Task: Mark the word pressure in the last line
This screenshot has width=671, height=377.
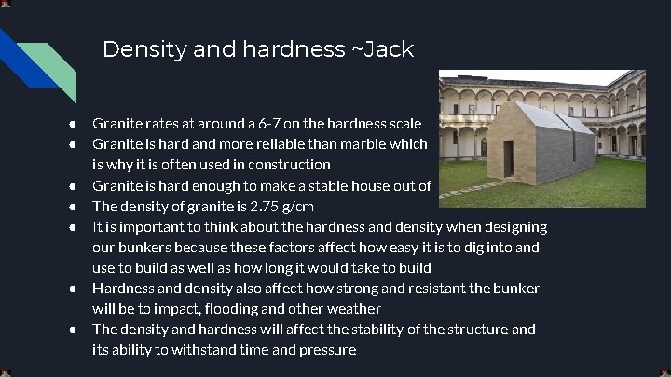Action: (326, 349)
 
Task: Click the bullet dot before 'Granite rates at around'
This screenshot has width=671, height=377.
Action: (70, 123)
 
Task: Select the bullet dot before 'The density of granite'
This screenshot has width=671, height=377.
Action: (70, 206)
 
